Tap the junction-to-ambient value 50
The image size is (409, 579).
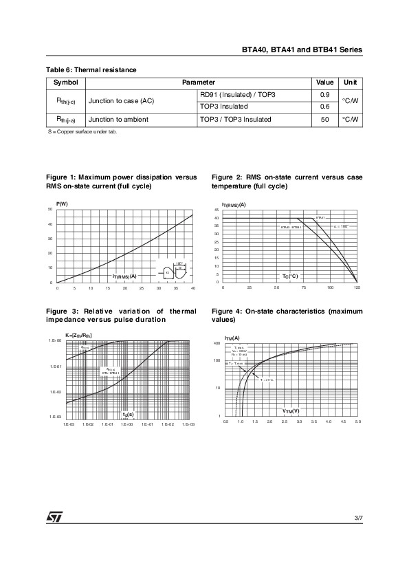click(x=325, y=120)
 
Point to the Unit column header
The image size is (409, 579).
click(x=350, y=82)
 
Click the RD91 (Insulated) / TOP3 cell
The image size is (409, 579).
click(x=237, y=94)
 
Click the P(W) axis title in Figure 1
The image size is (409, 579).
click(x=62, y=204)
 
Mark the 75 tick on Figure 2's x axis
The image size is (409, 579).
click(x=303, y=287)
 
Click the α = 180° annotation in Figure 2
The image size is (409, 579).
click(x=341, y=226)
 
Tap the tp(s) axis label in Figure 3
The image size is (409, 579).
click(x=128, y=415)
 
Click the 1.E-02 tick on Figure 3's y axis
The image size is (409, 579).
click(x=57, y=392)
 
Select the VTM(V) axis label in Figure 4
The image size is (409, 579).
click(x=291, y=411)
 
